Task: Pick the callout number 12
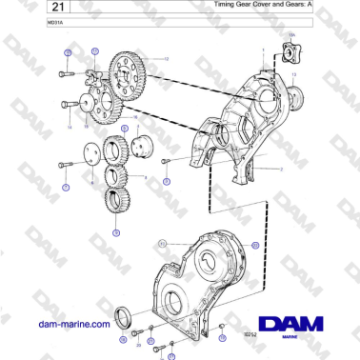pos(166,59)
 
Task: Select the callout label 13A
pos(290,37)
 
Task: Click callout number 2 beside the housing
pos(282,170)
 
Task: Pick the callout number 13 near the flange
pos(293,72)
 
